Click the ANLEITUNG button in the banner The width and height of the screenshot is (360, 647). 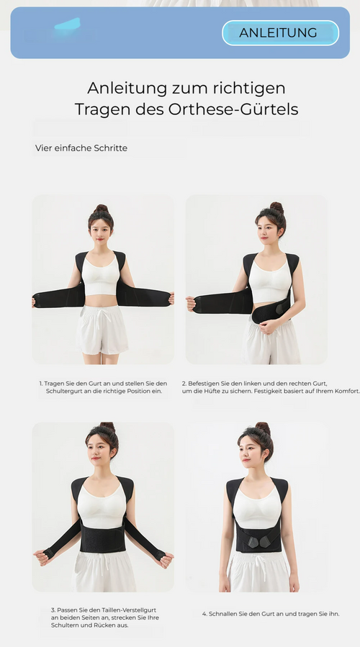(280, 32)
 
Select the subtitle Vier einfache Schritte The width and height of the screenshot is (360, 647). (81, 148)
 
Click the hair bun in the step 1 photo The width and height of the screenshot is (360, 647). (101, 209)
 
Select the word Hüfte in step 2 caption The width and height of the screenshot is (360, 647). (212, 392)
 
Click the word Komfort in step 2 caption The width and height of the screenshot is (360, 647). (346, 392)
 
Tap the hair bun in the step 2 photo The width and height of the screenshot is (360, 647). (276, 207)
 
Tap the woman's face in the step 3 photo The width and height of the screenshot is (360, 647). (98, 451)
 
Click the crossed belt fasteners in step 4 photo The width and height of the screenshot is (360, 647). (259, 540)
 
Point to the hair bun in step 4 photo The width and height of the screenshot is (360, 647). (264, 428)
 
